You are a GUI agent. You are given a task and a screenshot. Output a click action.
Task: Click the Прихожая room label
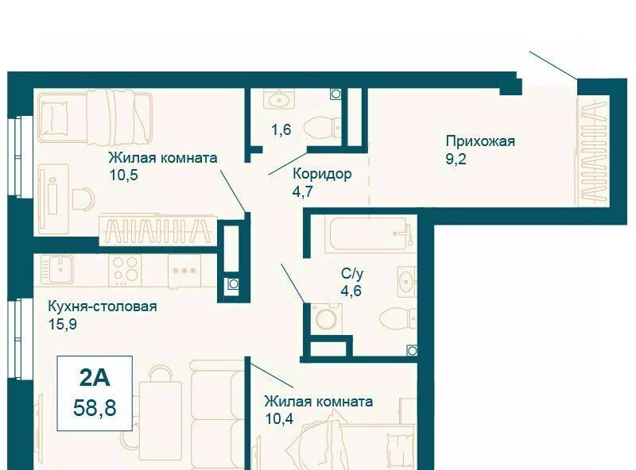(x=480, y=141)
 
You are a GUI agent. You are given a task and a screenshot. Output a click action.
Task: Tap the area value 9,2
(x=456, y=159)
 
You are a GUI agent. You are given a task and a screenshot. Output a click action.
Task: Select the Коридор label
(x=322, y=174)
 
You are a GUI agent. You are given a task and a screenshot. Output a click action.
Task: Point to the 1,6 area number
(x=281, y=129)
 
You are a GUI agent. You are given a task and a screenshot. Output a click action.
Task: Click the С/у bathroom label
(x=352, y=273)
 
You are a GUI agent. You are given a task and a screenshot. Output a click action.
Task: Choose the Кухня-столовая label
(x=103, y=306)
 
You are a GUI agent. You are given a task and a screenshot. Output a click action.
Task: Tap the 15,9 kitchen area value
(x=63, y=324)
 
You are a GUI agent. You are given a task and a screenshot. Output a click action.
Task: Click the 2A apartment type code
(x=95, y=378)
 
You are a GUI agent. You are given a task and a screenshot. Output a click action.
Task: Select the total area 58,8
(x=95, y=407)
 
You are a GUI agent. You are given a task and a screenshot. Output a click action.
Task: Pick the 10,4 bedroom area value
(x=278, y=418)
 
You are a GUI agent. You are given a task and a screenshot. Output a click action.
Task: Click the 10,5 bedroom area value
(x=123, y=175)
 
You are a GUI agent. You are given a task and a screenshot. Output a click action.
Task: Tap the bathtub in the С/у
(x=368, y=234)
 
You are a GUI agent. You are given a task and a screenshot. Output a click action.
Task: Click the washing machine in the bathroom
(x=327, y=318)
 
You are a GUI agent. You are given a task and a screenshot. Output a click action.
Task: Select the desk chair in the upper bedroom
(x=83, y=198)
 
